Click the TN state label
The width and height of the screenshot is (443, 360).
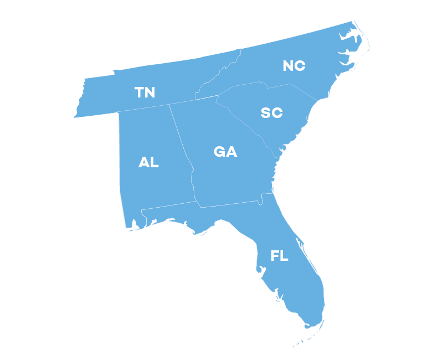[x=145, y=92]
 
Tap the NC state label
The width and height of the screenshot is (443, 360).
[x=294, y=65]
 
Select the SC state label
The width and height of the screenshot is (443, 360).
[x=271, y=112]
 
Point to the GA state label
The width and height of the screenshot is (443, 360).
[x=225, y=151]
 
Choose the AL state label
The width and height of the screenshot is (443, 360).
[x=148, y=162]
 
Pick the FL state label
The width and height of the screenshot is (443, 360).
[x=280, y=256]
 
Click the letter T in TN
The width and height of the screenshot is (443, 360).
[x=140, y=92]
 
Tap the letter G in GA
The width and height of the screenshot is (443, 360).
[x=220, y=151]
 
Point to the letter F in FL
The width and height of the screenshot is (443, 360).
[x=275, y=256]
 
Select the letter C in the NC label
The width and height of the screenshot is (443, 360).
[x=300, y=65]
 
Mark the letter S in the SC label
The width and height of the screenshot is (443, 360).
[x=266, y=112]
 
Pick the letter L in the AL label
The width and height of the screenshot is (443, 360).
[x=154, y=162]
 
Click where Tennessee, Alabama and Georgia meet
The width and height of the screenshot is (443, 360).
[x=169, y=104]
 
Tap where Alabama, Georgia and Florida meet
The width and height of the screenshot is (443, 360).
[x=198, y=202]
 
